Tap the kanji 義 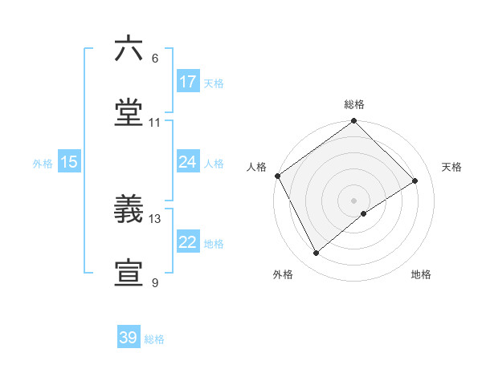129,209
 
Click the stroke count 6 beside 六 155,59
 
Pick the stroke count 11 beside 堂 155,123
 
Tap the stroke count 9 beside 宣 155,282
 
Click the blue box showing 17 188,82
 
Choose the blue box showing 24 188,162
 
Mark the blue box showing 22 188,242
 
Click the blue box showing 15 69,162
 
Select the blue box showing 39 129,338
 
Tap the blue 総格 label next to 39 154,339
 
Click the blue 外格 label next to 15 43,163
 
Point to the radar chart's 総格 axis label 354,104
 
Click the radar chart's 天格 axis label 451,167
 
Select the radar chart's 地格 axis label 421,274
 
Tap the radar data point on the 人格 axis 277,176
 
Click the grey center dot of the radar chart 353,200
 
